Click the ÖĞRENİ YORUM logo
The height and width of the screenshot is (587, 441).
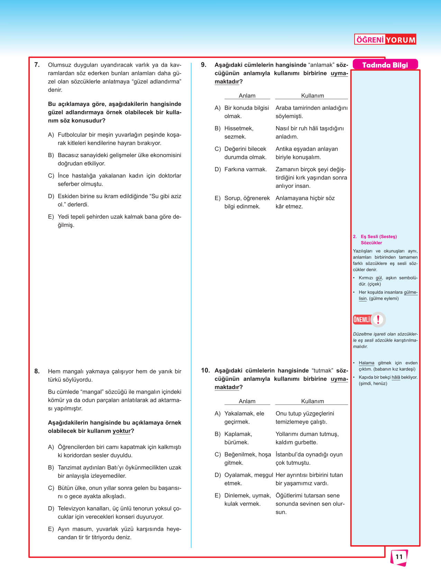click(385, 40)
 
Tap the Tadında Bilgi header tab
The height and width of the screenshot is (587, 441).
click(385, 65)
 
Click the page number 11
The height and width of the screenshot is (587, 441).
click(399, 557)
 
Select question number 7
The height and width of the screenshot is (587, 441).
click(37, 65)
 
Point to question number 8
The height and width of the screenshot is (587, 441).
click(37, 372)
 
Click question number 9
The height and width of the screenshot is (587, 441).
click(204, 65)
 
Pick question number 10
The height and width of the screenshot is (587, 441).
click(205, 371)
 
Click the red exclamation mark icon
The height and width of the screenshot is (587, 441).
click(378, 319)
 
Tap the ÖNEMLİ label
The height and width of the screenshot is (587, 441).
click(361, 320)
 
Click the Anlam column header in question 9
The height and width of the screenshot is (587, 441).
click(247, 96)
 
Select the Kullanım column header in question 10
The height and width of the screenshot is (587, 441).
click(312, 401)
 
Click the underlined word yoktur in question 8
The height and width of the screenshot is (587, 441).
click(121, 431)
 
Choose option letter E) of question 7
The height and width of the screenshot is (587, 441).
click(51, 217)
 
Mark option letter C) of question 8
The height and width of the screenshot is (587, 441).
click(51, 488)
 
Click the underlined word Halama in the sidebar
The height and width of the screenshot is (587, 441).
click(366, 363)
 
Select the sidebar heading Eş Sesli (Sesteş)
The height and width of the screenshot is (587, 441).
click(379, 237)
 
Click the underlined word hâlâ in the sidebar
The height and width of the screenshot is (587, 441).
click(396, 377)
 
